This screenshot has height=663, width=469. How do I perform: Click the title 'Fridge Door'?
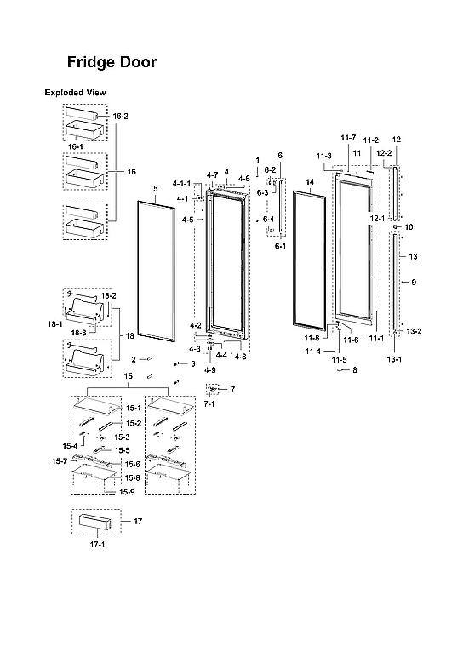[x=112, y=63]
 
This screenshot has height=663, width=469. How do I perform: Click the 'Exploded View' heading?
[x=75, y=92]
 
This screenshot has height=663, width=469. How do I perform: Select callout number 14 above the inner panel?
[x=310, y=183]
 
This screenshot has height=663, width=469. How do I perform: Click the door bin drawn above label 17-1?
[x=92, y=522]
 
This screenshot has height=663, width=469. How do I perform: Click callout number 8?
[x=355, y=369]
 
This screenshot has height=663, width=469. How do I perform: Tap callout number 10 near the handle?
[x=409, y=227]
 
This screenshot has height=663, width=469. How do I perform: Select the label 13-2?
[x=414, y=331]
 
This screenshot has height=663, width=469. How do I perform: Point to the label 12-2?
[x=383, y=153]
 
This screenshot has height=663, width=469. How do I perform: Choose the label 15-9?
[x=127, y=492]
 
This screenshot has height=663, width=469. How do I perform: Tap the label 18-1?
[x=56, y=324]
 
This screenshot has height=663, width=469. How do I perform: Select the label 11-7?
[x=348, y=138]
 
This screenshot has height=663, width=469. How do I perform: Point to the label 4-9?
[x=209, y=370]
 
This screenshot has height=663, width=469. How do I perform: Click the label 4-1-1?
[x=180, y=184]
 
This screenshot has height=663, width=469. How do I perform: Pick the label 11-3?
[x=323, y=157]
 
